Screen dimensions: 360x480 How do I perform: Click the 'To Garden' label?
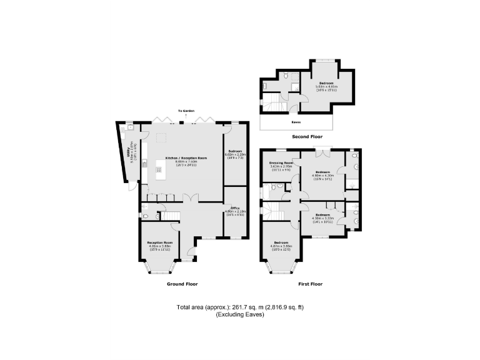[184, 111]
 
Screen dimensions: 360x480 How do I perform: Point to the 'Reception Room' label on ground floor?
[160, 244]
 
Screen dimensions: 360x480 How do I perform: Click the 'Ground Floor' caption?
[182, 284]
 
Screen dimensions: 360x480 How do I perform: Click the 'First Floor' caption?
[310, 284]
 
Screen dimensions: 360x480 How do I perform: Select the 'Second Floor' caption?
[307, 136]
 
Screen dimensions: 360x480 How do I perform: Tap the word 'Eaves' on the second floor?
[296, 122]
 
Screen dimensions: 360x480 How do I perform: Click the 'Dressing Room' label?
[281, 165]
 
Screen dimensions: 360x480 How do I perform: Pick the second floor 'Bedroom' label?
[327, 86]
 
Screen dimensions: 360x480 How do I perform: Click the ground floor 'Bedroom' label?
[235, 152]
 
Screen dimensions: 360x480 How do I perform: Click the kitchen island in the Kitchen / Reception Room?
[160, 170]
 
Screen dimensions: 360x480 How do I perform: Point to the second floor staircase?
[273, 103]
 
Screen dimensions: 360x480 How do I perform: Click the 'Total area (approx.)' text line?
[240, 307]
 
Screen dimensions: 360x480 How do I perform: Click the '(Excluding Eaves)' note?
[240, 314]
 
